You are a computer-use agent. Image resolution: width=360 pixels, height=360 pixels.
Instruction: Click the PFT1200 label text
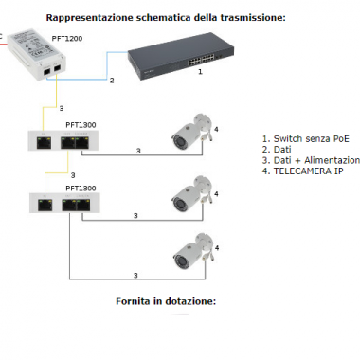point(67,39)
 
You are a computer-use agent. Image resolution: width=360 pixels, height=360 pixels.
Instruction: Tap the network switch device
point(181,56)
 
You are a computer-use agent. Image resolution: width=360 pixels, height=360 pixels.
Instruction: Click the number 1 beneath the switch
point(200,72)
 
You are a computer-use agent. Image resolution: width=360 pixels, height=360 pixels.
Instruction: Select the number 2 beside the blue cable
point(112,81)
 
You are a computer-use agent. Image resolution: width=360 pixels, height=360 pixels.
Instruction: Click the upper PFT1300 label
point(81,125)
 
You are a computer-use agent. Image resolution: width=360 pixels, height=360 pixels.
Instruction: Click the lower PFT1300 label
point(81,189)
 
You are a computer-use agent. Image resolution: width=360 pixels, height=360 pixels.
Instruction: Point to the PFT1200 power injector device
point(37,55)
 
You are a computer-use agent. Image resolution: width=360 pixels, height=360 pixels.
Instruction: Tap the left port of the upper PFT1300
point(44,143)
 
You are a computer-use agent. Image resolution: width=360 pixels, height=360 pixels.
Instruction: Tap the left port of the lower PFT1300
point(45,206)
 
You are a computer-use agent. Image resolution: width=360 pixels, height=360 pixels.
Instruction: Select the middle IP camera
point(192,193)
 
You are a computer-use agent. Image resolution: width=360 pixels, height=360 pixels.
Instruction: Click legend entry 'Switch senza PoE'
point(312,139)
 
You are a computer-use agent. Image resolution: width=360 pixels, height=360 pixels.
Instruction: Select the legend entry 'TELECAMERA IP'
point(308,171)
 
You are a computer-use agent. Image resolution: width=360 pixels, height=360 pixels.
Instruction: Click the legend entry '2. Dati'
point(277,150)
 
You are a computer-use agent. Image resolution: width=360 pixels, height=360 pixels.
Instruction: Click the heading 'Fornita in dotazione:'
point(166,301)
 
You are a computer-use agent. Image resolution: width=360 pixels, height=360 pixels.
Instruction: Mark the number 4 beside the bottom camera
point(217,248)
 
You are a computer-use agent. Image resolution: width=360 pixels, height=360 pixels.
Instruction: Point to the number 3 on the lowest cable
point(135,276)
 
